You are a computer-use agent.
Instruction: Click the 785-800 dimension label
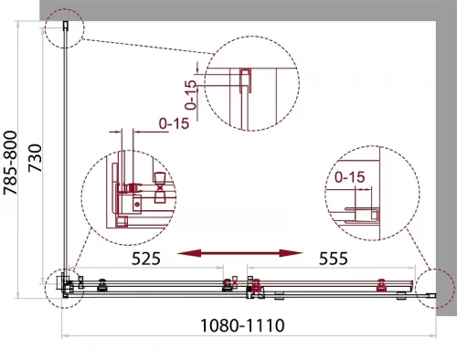9,163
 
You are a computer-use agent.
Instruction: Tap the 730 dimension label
35,158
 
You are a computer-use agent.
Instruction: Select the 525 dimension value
145,259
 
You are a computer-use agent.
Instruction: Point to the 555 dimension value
333,259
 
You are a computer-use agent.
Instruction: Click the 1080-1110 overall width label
242,325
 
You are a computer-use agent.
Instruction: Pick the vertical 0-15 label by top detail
191,95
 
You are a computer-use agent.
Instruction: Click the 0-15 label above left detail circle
174,123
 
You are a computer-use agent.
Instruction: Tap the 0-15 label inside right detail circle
349,177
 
